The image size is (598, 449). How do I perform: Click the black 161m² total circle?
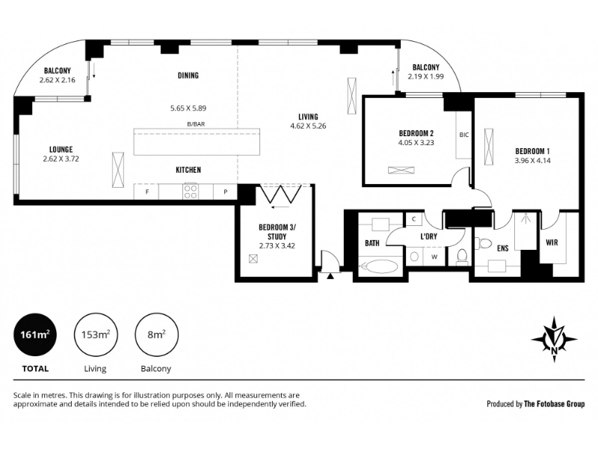tap(35, 335)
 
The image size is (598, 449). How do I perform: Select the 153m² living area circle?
tap(96, 335)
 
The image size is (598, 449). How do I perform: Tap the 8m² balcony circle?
tap(157, 335)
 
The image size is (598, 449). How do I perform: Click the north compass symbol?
tap(554, 339)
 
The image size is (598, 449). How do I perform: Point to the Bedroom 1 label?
tap(532, 151)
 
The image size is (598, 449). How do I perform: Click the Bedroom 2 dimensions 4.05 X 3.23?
tap(416, 143)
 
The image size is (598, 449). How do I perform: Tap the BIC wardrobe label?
tap(463, 135)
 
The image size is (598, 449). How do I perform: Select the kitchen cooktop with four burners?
tap(191, 192)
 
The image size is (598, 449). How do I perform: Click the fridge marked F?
tap(147, 192)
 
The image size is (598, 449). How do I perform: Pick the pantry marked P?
tap(225, 192)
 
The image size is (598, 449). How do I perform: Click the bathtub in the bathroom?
tap(379, 266)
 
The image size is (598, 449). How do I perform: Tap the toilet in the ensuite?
tap(484, 243)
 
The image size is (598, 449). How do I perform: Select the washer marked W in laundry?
tap(434, 257)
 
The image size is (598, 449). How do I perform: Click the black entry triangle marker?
tap(330, 276)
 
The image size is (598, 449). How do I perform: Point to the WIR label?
tap(552, 242)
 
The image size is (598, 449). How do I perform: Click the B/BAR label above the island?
tap(196, 124)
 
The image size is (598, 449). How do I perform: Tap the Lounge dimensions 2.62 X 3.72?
tap(61, 159)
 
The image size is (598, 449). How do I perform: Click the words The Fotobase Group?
tap(554, 403)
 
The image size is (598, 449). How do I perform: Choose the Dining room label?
tap(188, 76)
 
